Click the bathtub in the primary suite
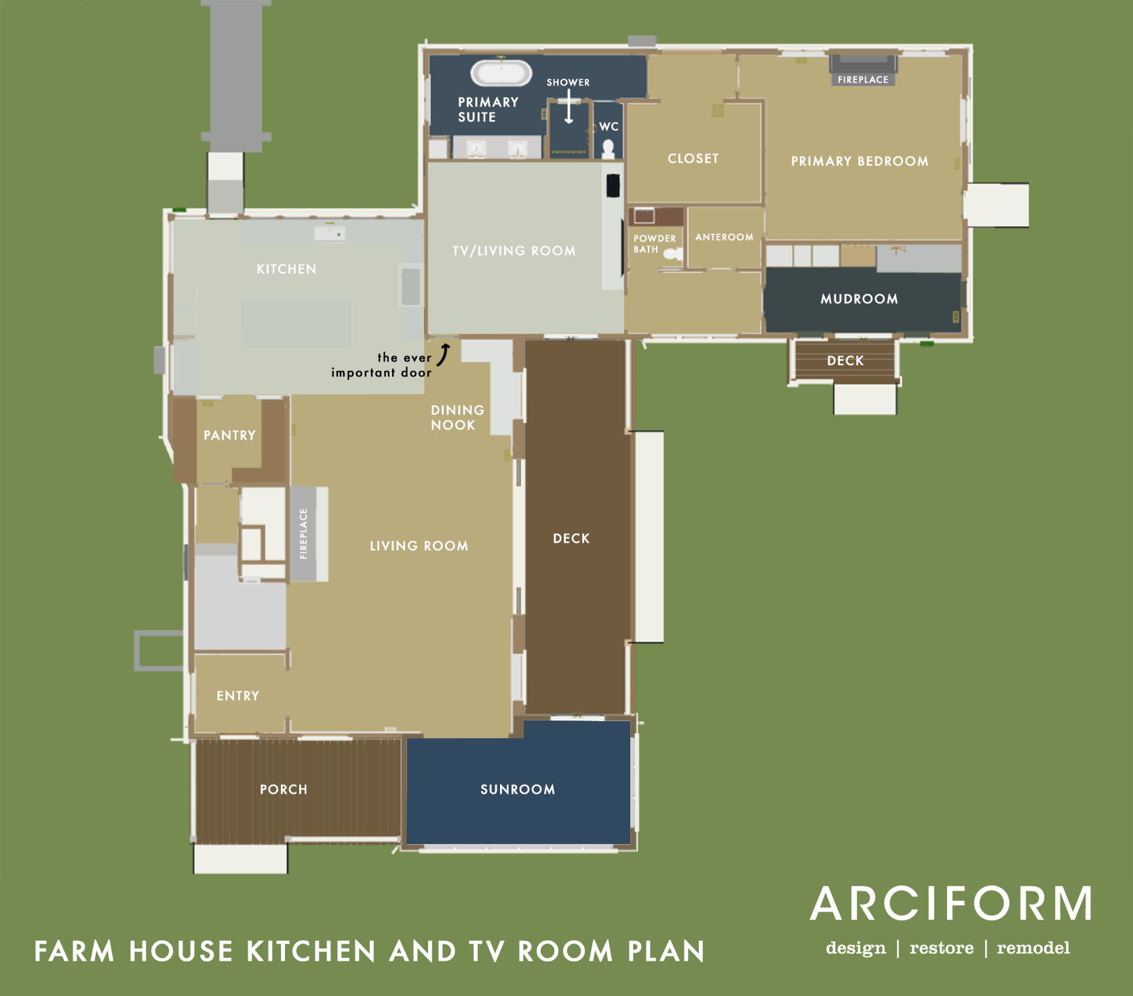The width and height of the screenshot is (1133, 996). [501, 73]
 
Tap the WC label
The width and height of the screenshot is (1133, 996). [609, 127]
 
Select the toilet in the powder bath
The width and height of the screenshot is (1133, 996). [672, 254]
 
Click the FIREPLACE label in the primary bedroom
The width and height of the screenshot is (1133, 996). [863, 79]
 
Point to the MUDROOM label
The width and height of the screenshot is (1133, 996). [859, 299]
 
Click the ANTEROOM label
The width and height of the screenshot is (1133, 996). [724, 237]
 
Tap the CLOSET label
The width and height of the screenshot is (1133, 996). [693, 159]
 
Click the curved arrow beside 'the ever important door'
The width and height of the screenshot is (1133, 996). [444, 354]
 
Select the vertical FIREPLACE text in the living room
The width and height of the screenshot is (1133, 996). [303, 534]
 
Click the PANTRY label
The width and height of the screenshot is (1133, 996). [229, 436]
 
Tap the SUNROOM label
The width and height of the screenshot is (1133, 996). [518, 790]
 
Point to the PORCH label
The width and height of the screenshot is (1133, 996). [284, 790]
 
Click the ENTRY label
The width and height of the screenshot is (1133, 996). [237, 696]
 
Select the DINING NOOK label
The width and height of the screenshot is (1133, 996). [457, 418]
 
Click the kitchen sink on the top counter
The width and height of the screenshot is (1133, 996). [330, 233]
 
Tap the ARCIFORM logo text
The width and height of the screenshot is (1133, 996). [951, 904]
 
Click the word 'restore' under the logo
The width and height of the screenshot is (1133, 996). [941, 948]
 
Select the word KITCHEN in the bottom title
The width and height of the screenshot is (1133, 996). [311, 951]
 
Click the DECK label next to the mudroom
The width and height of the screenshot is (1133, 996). [845, 361]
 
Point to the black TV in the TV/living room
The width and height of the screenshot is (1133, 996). [613, 185]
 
